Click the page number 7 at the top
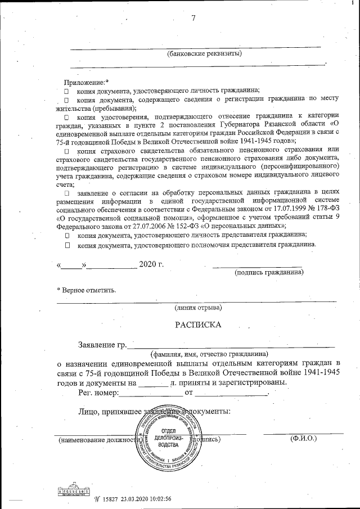coord(193,18)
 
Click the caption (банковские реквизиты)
coord(205,54)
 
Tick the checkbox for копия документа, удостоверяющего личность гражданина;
coord(66,91)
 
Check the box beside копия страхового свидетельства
coord(66,151)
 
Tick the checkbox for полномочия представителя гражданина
coord(66,245)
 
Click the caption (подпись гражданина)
coord(269,273)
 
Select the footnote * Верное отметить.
coord(87,290)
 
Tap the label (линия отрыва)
coord(198,308)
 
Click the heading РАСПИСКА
coord(198,325)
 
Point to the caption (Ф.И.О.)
coord(304,437)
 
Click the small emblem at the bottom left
coord(71,490)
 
